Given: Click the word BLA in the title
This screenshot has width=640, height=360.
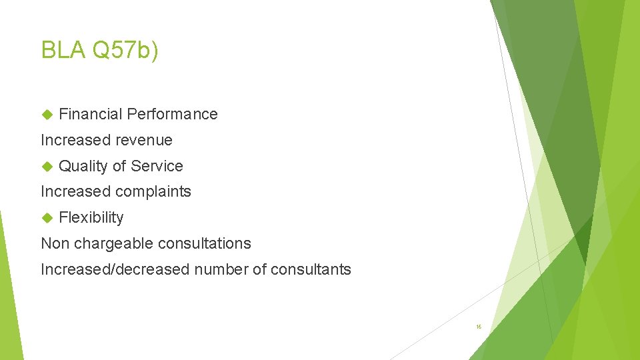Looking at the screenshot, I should click(63, 50).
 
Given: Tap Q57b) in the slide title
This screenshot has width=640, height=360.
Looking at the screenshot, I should click(125, 50).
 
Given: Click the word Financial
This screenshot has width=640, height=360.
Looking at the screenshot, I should click(91, 114).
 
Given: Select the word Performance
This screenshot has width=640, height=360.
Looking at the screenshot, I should click(172, 114).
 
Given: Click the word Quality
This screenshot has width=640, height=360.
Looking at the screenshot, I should click(83, 166).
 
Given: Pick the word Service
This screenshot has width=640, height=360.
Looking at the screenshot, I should click(157, 166).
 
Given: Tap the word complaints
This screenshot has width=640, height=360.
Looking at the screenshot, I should click(153, 192).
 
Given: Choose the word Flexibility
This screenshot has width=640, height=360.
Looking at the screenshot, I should click(91, 218).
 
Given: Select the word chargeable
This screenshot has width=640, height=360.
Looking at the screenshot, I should click(107, 244).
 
